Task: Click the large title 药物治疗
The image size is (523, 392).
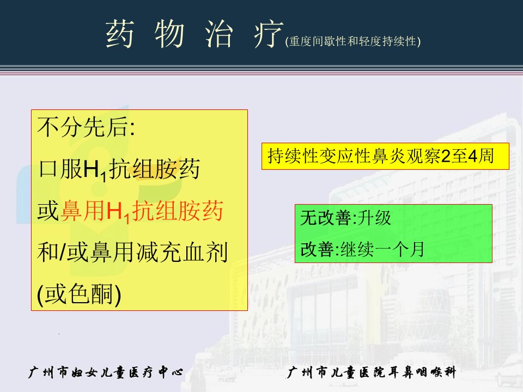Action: pos(194,34)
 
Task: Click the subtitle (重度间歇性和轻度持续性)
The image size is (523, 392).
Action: pos(353,41)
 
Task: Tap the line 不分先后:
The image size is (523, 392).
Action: pos(87,127)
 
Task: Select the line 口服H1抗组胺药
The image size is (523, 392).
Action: pos(119,169)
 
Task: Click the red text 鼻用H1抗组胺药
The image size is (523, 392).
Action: pos(142,211)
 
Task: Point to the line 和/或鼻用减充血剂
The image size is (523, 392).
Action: pos(133,252)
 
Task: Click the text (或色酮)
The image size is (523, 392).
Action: pos(79,295)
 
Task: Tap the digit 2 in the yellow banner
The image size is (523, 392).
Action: pos(446,156)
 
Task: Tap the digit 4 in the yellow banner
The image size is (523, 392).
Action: pos(472,156)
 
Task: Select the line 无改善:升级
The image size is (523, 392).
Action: pos(345,218)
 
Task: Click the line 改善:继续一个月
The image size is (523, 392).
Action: pos(362,249)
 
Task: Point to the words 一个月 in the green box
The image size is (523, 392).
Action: pos(399,249)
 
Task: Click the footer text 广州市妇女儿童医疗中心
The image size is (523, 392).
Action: pos(106,372)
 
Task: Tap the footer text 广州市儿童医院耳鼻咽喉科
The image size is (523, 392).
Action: pos(371,372)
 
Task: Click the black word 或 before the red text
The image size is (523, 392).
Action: pos(48,211)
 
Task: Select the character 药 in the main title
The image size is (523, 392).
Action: pos(120,34)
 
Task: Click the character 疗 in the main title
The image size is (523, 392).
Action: pos(269,34)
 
